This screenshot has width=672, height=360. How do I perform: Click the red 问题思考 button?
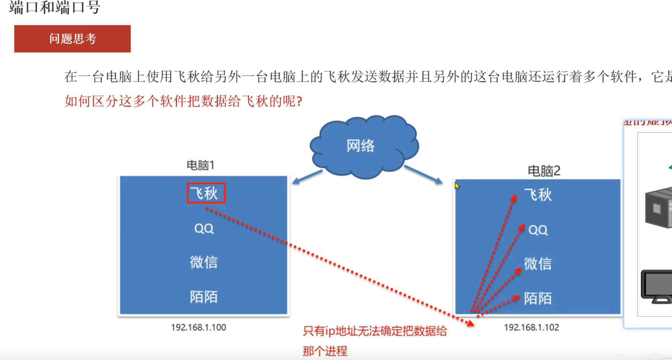72,39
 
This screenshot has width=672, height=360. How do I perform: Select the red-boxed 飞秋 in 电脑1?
206,193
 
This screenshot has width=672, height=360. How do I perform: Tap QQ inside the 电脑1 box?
204,229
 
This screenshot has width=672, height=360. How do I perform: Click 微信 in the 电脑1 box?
204,262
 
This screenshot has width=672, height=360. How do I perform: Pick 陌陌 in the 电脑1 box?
204,297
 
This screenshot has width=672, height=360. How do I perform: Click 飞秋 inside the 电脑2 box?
538,195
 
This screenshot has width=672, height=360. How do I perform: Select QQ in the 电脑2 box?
538,230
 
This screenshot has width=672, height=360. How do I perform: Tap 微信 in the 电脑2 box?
538,264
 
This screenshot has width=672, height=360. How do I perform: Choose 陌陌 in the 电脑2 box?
538,299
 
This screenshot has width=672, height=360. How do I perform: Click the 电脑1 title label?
200,165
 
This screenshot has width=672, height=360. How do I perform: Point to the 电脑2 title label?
544,171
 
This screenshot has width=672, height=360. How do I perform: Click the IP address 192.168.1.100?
198,327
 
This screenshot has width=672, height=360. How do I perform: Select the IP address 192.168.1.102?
531,327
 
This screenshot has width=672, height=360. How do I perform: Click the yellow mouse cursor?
457,186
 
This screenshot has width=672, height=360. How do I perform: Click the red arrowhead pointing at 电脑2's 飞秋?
514,198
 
